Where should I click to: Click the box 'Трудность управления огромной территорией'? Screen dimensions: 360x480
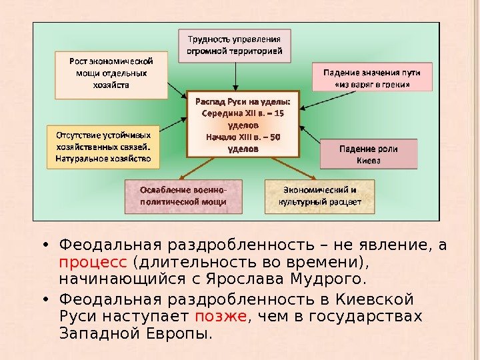point(234,45)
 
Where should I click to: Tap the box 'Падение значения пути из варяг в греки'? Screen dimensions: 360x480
point(371,77)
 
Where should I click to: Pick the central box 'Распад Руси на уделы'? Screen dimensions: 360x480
point(243,124)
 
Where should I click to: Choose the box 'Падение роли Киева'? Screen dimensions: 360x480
point(369,155)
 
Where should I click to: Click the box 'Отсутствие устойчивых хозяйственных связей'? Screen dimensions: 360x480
point(103,146)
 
